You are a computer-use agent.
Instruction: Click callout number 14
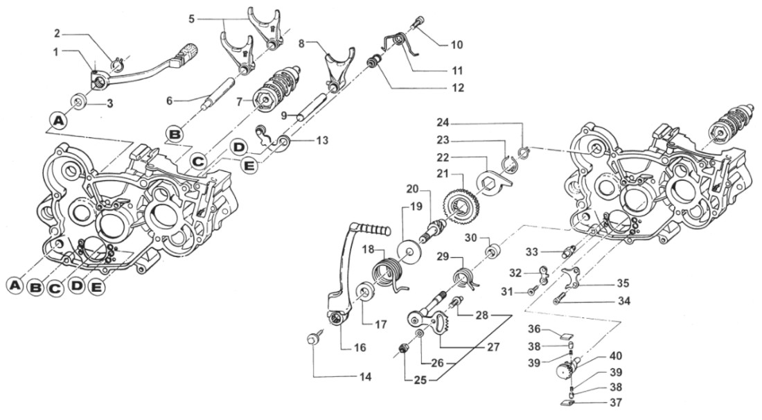coord(365,378)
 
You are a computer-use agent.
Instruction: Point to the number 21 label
coord(442,172)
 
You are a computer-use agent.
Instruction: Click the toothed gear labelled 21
coord(457,206)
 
